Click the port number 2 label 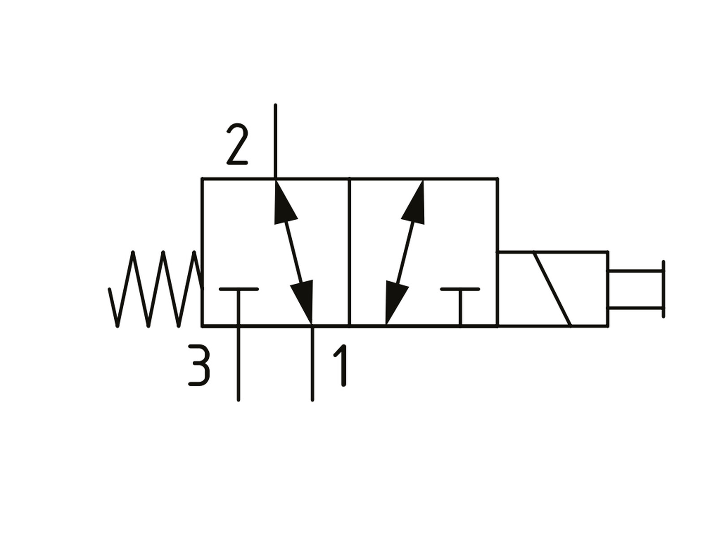237,144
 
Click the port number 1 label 340,365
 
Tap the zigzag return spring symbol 155,289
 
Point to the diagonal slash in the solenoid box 553,289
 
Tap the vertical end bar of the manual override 663,289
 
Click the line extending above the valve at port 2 275,141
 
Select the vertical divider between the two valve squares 350,252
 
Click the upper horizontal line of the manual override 635,271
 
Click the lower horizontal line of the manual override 635,308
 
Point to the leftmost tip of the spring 109,289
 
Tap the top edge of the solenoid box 553,252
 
